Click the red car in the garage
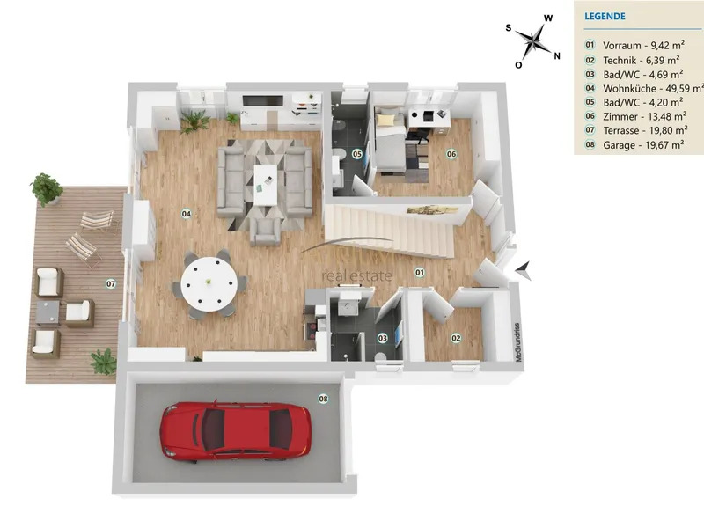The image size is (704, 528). tap(235, 432)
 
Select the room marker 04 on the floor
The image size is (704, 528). tap(186, 214)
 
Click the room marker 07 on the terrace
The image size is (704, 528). tap(111, 283)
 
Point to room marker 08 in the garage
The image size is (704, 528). tap(323, 399)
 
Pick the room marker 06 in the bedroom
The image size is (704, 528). tap(451, 154)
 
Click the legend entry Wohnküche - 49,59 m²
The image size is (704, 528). tap(653, 89)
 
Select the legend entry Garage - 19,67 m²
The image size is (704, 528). tap(643, 145)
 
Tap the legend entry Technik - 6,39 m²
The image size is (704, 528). tap(642, 60)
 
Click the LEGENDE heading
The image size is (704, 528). tap(605, 17)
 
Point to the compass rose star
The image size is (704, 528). tap(534, 40)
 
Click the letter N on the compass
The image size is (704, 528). tap(557, 56)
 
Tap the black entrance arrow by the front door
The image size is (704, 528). tap(524, 270)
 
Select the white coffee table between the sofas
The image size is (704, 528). tap(266, 185)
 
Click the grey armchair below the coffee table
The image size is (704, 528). tap(266, 231)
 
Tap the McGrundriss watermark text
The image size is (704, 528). tap(517, 342)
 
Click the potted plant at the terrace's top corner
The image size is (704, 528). tap(47, 189)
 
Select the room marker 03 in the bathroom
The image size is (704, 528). tap(382, 338)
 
